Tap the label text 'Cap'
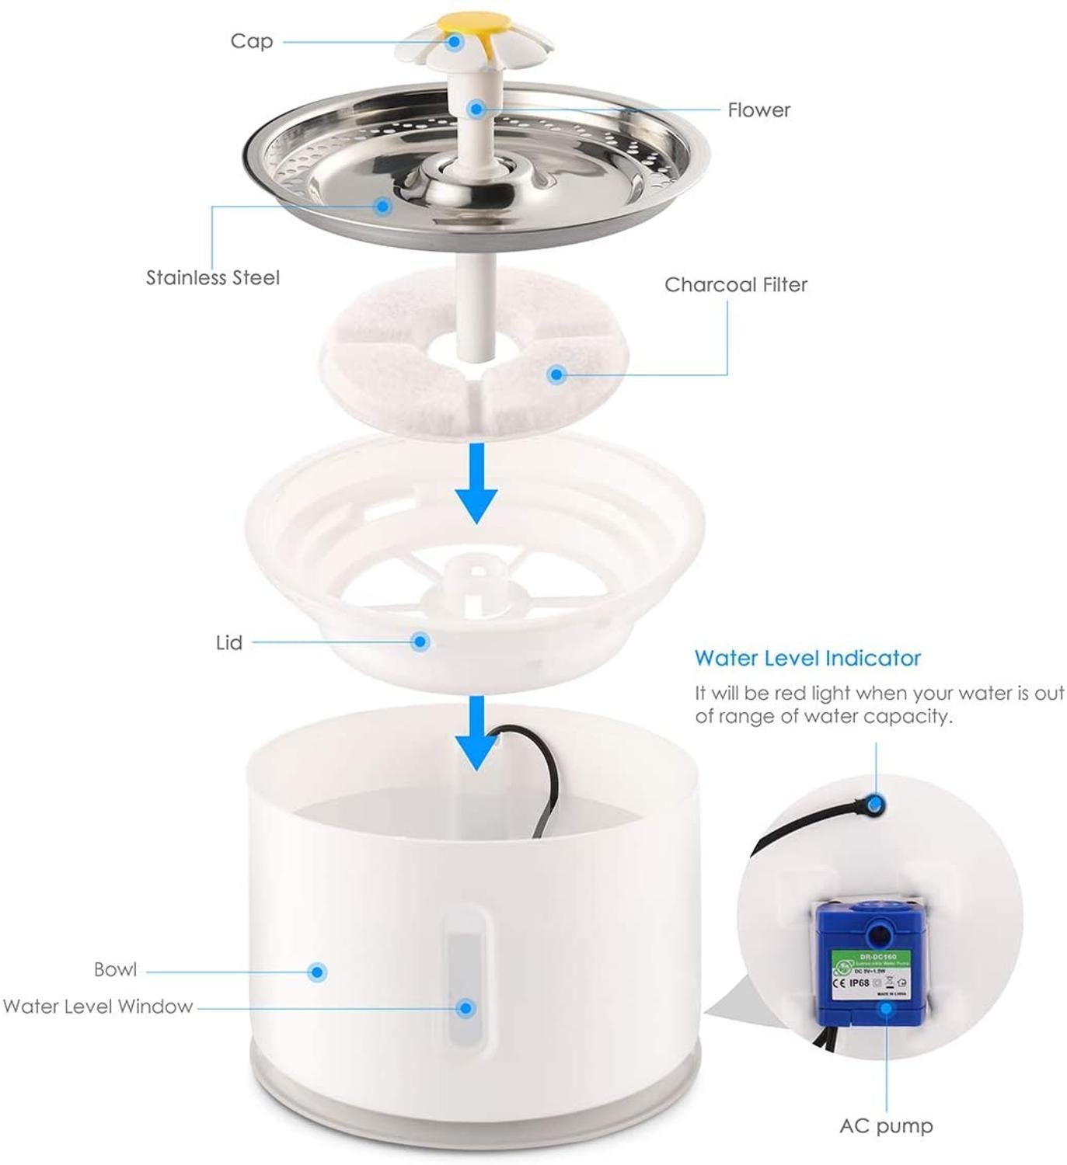252,41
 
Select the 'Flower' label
758,110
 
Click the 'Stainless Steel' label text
213,278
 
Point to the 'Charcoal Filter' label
735,285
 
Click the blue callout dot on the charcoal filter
556,375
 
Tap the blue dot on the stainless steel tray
382,206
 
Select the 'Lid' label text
229,643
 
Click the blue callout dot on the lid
420,642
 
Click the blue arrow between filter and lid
476,484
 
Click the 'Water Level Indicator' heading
807,659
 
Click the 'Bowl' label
115,970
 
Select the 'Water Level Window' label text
98,1007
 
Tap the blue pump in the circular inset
870,963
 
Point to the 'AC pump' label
886,1126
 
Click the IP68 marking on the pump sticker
860,983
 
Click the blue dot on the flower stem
476,109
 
